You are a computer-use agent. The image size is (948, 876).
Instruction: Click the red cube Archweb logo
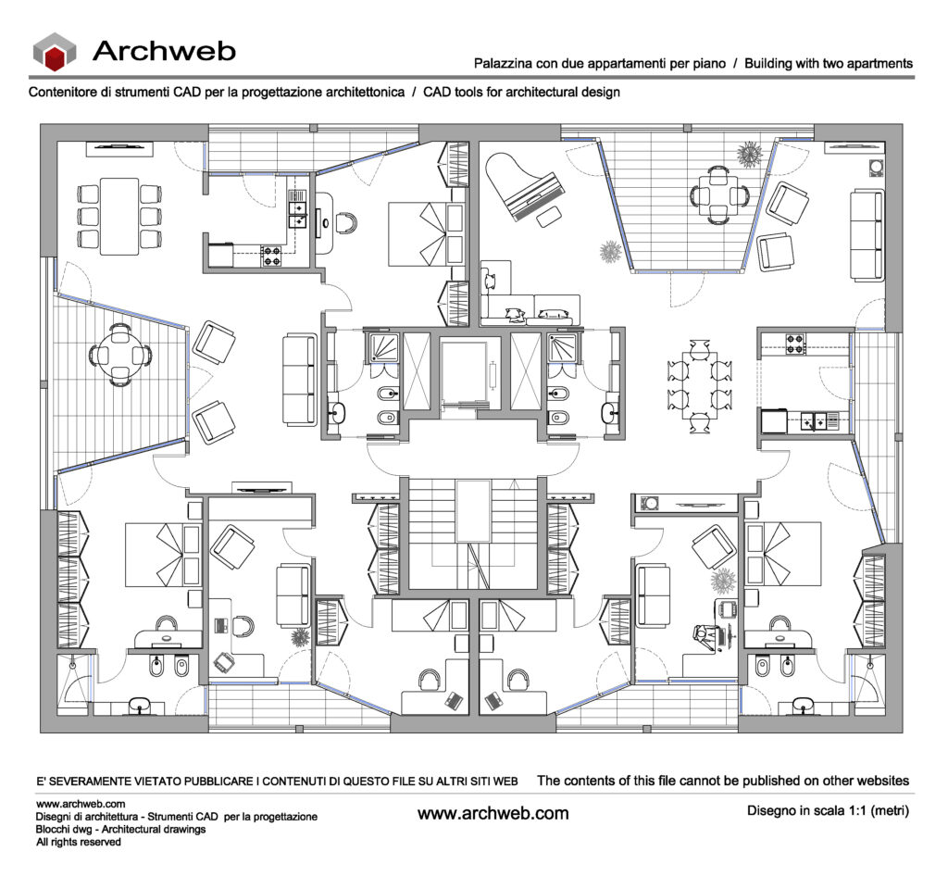(x=55, y=51)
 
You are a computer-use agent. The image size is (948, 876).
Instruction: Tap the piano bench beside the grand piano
(x=548, y=217)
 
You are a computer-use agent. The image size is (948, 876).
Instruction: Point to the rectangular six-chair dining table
(x=119, y=216)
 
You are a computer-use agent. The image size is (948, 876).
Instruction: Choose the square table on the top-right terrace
(x=718, y=196)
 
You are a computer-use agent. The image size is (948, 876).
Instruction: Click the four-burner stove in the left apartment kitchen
(x=271, y=257)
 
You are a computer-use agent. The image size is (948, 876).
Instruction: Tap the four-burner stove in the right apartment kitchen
(x=795, y=344)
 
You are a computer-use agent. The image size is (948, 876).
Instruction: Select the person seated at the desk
(x=705, y=638)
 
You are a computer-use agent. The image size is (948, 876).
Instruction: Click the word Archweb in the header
(x=164, y=51)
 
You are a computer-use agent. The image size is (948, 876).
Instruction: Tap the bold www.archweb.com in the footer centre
(x=493, y=813)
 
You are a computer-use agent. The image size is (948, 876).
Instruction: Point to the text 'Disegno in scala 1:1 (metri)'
(x=828, y=810)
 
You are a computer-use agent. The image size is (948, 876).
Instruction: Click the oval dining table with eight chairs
(x=700, y=385)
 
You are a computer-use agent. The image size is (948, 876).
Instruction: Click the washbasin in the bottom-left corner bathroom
(x=141, y=705)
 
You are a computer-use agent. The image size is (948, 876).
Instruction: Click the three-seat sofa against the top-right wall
(x=867, y=235)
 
